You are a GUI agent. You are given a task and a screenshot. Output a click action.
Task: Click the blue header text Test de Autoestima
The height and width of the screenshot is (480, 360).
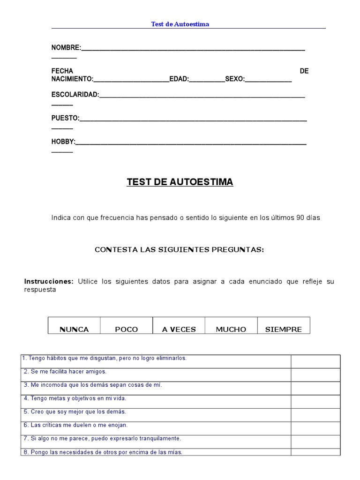coord(180,24)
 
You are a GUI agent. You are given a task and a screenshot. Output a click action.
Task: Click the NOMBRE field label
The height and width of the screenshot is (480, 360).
coord(66,48)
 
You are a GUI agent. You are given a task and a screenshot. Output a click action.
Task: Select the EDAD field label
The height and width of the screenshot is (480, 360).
coord(178,79)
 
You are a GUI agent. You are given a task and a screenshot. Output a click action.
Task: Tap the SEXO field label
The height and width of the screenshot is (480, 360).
coord(234,79)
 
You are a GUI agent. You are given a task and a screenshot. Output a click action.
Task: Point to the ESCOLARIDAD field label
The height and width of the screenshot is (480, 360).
coord(75,95)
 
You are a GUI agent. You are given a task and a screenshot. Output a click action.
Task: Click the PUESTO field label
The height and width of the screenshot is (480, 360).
coord(65,118)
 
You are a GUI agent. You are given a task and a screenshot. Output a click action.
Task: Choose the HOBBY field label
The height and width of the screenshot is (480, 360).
coord(63,142)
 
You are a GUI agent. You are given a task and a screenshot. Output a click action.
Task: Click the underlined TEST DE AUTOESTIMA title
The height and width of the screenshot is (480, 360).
coord(180,182)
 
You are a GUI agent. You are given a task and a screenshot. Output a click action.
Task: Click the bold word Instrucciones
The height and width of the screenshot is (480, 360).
coord(49,281)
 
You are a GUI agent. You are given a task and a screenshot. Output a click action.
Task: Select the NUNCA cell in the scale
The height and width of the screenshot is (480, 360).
coord(74,329)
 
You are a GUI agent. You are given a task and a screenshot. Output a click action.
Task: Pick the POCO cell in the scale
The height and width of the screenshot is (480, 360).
coord(127,329)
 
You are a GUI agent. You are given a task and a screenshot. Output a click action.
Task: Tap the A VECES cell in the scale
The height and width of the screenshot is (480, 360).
coord(179,329)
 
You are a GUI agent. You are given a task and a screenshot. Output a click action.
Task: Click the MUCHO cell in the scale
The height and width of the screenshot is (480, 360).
coord(231,329)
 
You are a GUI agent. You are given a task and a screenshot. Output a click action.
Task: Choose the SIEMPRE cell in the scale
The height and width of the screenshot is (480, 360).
coord(284,329)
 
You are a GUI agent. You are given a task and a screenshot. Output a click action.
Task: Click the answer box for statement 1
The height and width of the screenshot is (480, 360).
coord(315,361)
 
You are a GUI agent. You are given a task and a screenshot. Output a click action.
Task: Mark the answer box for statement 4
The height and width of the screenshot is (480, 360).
coord(315,401)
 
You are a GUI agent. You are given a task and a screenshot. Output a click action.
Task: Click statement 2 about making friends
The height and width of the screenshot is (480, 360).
coord(65,371)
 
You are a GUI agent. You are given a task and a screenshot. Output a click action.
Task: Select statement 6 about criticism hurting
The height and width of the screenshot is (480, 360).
coord(75,425)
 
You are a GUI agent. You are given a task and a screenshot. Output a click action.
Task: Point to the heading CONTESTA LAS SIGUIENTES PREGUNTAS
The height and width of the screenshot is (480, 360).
coord(180,250)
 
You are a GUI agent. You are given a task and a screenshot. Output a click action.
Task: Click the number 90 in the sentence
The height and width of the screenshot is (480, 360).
coord(300,218)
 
